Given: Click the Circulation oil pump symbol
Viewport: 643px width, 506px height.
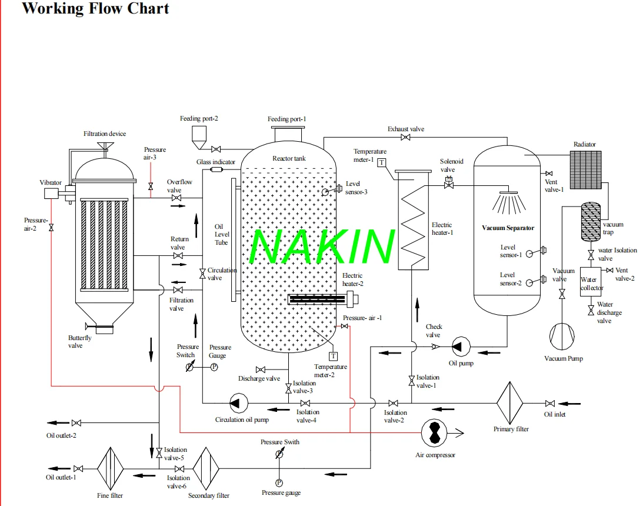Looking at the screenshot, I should click(x=238, y=403).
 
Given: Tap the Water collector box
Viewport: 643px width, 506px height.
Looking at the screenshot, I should click(x=591, y=284).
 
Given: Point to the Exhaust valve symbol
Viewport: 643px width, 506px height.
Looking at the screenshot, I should click(x=405, y=138).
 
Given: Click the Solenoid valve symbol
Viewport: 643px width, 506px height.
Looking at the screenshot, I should click(x=448, y=184).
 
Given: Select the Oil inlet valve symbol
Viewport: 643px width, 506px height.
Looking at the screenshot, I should click(x=549, y=403).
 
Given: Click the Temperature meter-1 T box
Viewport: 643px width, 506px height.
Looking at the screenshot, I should click(x=382, y=162).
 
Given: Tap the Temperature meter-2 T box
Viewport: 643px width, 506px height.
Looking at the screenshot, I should click(x=334, y=356).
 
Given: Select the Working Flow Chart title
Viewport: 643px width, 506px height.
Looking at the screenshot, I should click(x=95, y=9).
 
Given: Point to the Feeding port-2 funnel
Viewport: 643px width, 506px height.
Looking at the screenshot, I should click(x=198, y=138).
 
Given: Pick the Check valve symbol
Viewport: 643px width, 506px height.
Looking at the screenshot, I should click(x=435, y=347).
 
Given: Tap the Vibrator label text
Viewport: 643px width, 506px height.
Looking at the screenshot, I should click(x=51, y=182).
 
